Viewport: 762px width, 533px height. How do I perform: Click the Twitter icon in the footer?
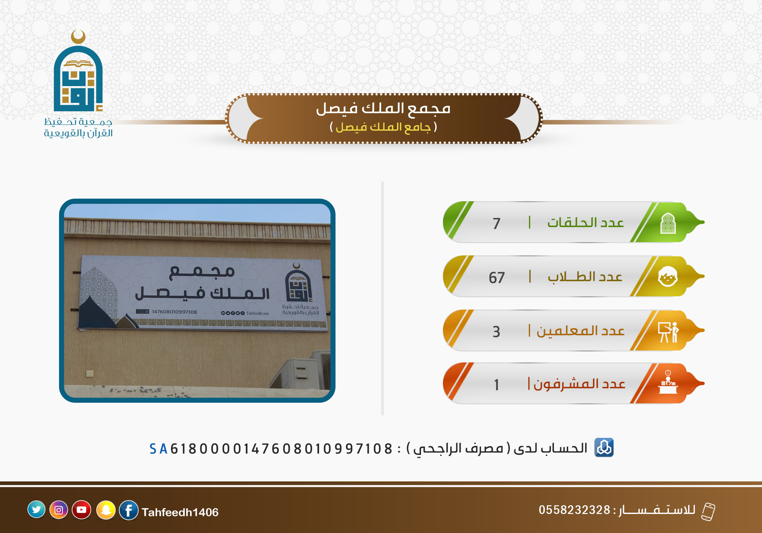(36, 509)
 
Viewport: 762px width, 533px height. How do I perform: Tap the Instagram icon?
(59, 509)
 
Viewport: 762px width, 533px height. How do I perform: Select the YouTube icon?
(81, 509)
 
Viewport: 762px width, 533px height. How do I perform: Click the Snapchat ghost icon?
(106, 510)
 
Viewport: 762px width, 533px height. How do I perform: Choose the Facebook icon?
(129, 510)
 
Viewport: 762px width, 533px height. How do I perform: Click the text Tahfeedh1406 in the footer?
(180, 512)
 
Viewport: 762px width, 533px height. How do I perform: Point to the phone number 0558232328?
(575, 510)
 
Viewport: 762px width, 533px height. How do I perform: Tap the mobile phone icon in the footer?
(708, 512)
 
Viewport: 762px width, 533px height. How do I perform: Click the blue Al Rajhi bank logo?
(604, 448)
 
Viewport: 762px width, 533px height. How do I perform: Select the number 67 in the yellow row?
(496, 278)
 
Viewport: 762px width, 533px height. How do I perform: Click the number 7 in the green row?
(496, 223)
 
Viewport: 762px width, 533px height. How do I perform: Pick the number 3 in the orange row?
(496, 332)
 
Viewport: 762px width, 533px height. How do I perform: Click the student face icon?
(668, 277)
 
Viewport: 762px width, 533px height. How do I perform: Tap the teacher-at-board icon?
(668, 332)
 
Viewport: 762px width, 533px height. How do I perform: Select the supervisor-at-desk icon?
(668, 382)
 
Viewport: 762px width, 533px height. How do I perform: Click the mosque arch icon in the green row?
(668, 223)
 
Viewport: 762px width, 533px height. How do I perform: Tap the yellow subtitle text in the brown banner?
(383, 127)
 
